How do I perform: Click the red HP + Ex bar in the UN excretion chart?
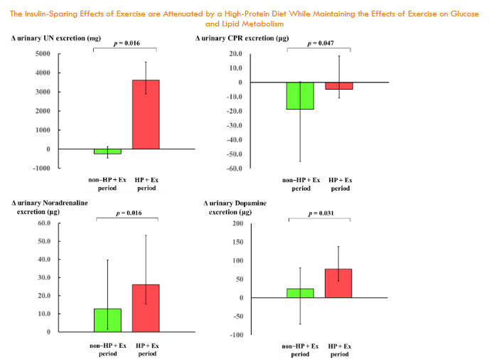point(146,114)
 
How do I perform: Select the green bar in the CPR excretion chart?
point(300,95)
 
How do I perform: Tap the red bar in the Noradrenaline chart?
point(147,308)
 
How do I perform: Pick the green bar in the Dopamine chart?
point(300,292)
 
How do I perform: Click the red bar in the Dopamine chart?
point(338,283)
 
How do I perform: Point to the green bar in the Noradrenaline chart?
point(107,319)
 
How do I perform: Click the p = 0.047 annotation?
point(320,43)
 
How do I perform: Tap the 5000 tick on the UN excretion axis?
point(42,53)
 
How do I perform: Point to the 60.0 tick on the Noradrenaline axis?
point(43,223)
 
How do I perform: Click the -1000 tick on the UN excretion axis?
point(39,168)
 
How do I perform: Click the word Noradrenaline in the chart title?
point(64,203)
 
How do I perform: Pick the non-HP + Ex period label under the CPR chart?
point(301,184)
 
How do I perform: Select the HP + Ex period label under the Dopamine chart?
point(339,349)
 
